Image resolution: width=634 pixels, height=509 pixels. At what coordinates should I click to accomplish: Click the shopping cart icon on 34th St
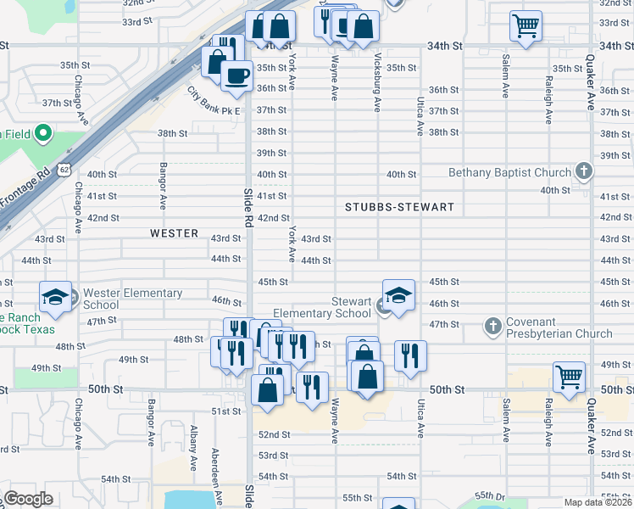click(526, 26)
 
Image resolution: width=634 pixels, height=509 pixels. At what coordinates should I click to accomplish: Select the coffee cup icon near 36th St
click(236, 75)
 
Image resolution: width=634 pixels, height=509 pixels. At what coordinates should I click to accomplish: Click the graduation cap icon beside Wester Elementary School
click(55, 297)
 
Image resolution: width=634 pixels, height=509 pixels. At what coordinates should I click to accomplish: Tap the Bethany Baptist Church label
click(509, 173)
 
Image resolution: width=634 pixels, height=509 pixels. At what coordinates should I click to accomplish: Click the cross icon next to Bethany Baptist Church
click(582, 172)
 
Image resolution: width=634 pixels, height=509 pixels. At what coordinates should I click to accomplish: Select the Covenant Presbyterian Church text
click(559, 327)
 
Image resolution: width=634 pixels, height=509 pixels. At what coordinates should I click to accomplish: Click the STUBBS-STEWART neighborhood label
click(399, 207)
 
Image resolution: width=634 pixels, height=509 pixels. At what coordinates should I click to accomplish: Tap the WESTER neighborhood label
click(174, 232)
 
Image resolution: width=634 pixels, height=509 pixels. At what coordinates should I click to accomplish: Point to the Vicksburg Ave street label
click(378, 82)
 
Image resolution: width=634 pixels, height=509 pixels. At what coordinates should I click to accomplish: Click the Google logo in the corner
click(28, 499)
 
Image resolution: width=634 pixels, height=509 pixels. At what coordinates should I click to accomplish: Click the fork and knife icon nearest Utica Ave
click(410, 355)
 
